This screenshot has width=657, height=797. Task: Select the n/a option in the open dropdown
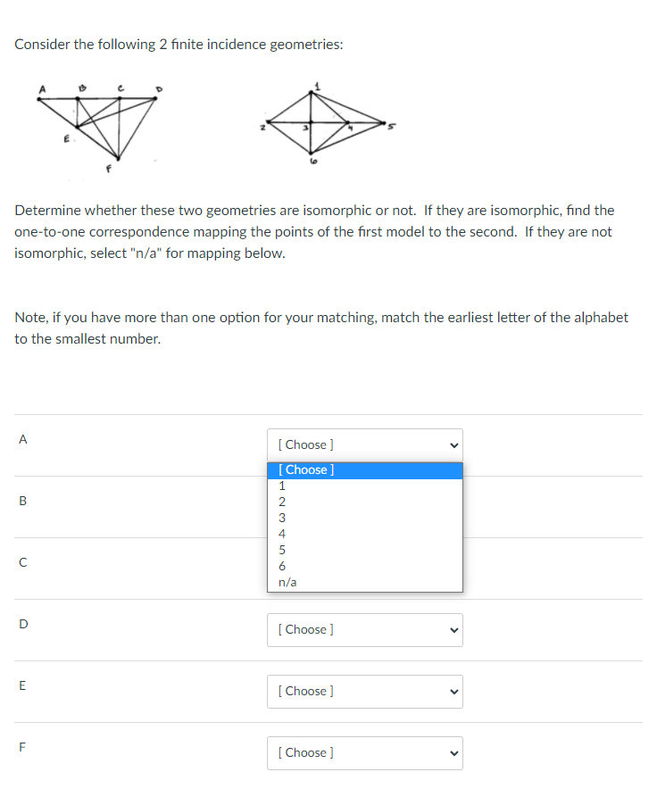(x=287, y=582)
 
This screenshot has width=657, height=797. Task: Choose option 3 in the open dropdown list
(x=282, y=518)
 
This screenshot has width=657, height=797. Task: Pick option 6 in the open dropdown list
(x=282, y=566)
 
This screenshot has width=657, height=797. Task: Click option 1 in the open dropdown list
(x=282, y=486)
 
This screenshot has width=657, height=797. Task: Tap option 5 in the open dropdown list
(x=282, y=550)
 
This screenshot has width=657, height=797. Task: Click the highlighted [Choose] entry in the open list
(x=306, y=470)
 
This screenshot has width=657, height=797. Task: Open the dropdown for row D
(x=364, y=630)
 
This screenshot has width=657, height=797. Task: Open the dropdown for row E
(x=364, y=692)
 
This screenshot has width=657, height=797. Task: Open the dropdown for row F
(x=364, y=753)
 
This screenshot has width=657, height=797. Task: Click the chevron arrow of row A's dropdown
(x=453, y=444)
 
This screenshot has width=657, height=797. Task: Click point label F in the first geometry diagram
(x=107, y=167)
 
